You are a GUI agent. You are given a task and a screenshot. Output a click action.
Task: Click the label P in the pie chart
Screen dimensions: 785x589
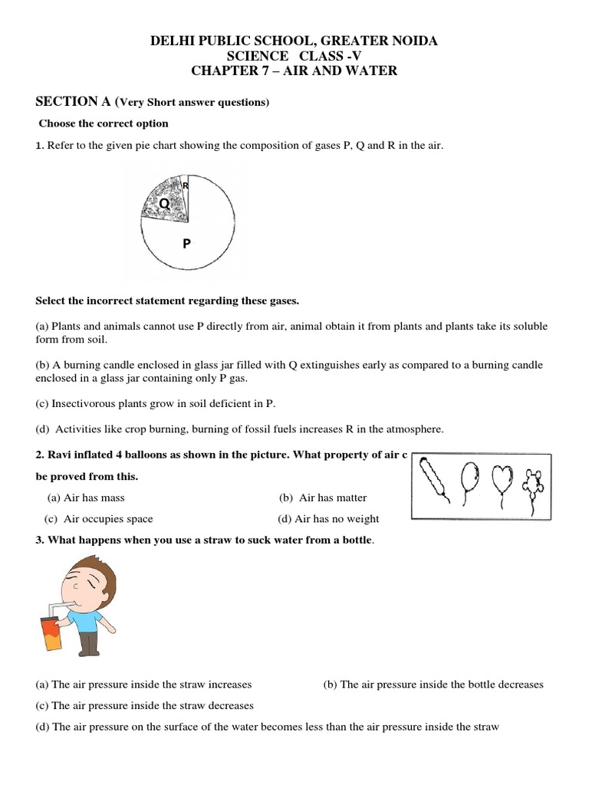pyautogui.click(x=186, y=244)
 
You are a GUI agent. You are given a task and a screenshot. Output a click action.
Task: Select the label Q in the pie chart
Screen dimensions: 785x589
pyautogui.click(x=163, y=203)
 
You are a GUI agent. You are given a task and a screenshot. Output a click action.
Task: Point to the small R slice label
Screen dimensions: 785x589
pyautogui.click(x=186, y=186)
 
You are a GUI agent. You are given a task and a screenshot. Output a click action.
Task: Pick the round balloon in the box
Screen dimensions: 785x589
pyautogui.click(x=468, y=479)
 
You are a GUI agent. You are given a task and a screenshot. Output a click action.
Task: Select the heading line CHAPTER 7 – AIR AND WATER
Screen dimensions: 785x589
pyautogui.click(x=294, y=71)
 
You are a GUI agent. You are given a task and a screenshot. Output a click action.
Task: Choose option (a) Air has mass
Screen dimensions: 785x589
pyautogui.click(x=86, y=498)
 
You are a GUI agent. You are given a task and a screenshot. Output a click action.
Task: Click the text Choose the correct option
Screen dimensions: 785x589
pyautogui.click(x=104, y=123)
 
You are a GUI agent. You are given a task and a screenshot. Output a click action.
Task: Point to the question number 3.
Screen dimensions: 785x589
pyautogui.click(x=39, y=540)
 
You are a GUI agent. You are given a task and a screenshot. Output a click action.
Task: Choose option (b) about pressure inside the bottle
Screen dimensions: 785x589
pyautogui.click(x=433, y=685)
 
